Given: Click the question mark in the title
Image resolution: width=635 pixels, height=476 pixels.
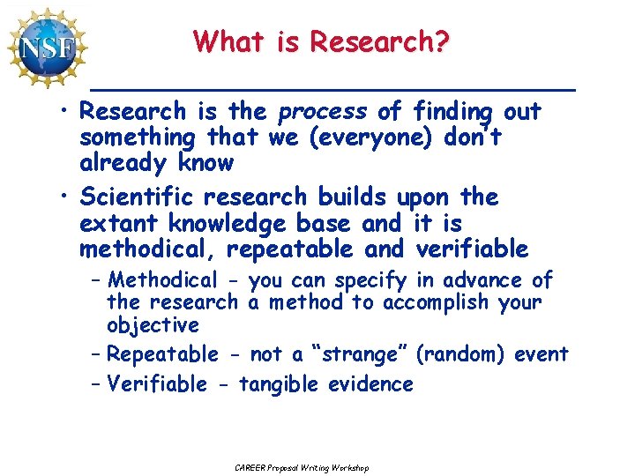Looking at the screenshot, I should (441, 41).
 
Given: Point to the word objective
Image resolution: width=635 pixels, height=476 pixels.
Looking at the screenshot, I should (153, 326).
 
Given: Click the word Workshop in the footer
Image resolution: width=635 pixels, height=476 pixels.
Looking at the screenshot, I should (349, 467).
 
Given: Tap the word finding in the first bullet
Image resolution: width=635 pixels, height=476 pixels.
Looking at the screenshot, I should (454, 112).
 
